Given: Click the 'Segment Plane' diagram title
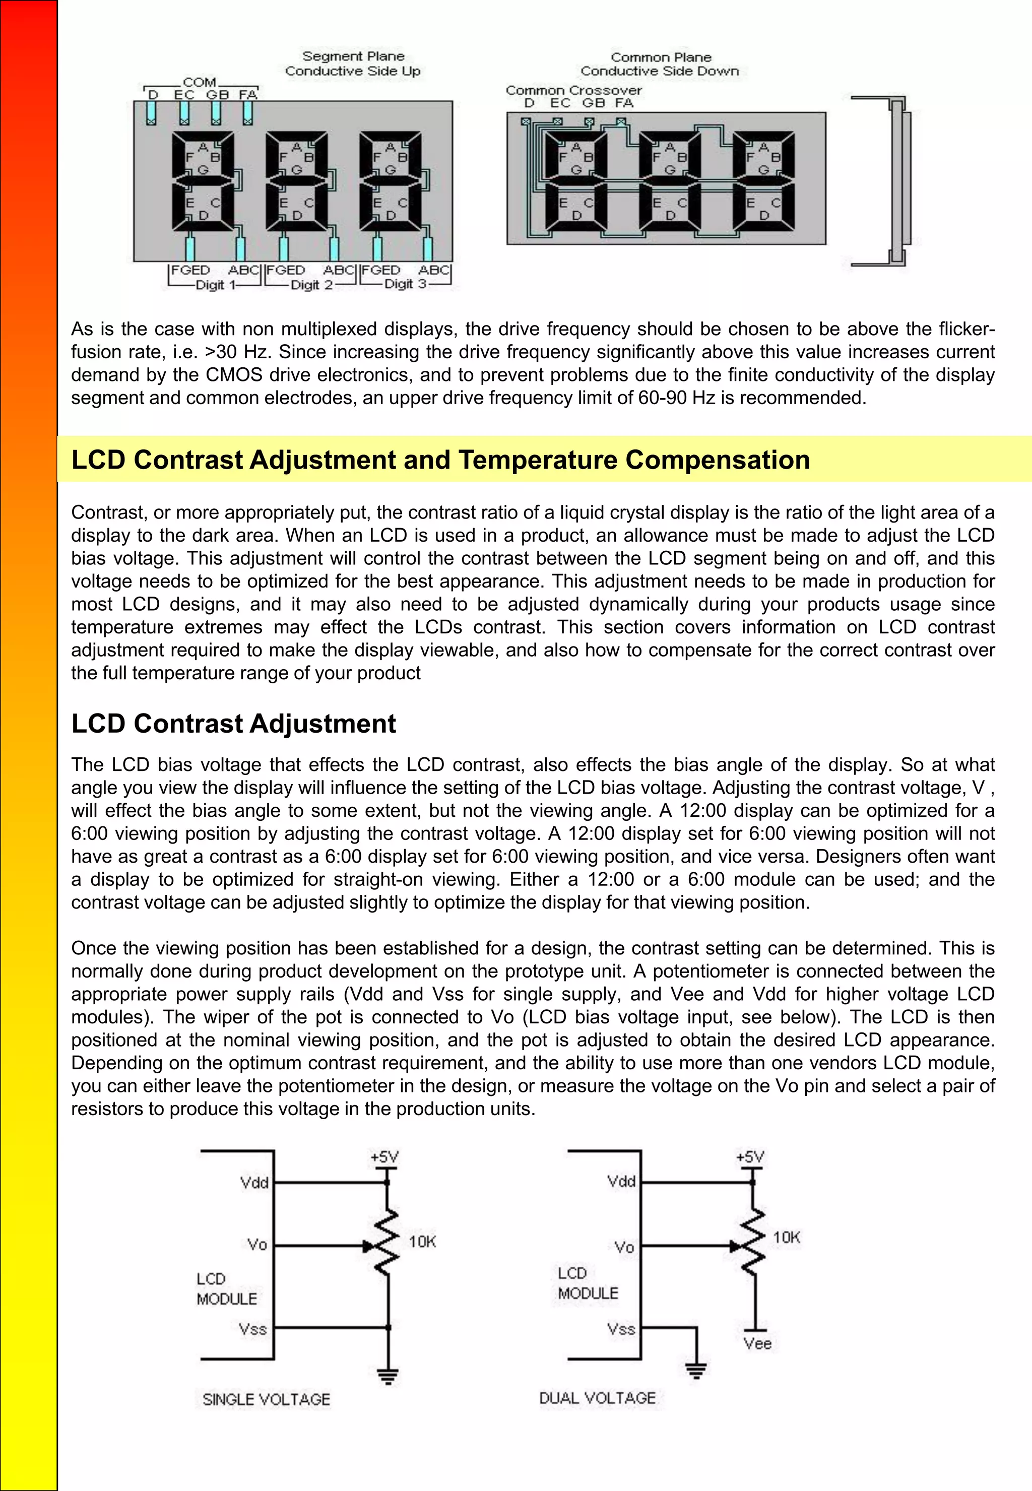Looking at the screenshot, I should pyautogui.click(x=353, y=56).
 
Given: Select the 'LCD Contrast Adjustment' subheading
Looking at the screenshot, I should pyautogui.click(x=233, y=723).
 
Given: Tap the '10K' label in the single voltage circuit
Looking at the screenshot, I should pyautogui.click(x=422, y=1242).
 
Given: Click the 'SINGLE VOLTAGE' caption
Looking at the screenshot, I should pyautogui.click(x=267, y=1399).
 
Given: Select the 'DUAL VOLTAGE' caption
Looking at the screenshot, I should pyautogui.click(x=598, y=1398).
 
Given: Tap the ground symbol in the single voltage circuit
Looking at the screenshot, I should pyautogui.click(x=388, y=1376).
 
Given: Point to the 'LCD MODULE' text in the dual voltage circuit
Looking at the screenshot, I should pyautogui.click(x=588, y=1283).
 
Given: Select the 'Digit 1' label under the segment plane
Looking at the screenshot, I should pyautogui.click(x=216, y=285).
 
